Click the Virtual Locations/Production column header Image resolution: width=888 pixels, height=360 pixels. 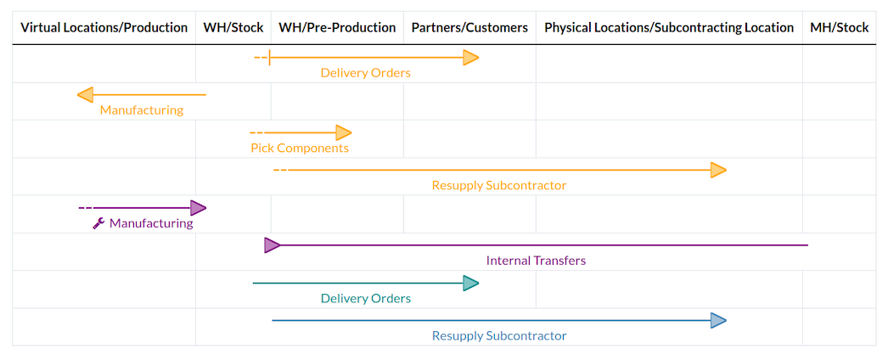[x=104, y=28]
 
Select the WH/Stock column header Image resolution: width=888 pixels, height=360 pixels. [x=233, y=28]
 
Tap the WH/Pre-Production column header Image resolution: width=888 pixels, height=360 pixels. [x=337, y=28]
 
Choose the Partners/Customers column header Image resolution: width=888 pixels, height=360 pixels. [x=469, y=28]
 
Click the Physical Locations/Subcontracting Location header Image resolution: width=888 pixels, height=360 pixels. [x=669, y=28]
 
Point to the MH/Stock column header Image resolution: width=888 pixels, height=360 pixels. [x=839, y=28]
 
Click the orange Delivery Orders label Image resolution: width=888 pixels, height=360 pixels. [x=365, y=73]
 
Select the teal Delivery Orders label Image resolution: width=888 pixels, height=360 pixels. [x=365, y=299]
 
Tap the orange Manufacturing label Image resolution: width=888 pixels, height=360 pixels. [x=141, y=110]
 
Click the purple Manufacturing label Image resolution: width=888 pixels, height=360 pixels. [x=151, y=224]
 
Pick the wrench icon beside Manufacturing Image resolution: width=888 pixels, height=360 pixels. [x=98, y=224]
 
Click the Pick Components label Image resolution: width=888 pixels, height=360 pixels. [x=299, y=149]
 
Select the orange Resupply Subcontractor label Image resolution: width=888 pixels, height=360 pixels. [x=498, y=186]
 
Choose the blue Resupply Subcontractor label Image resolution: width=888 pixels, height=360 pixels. [x=498, y=336]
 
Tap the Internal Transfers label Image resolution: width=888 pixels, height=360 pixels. [x=536, y=261]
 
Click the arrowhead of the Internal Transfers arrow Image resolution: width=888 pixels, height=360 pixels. [x=272, y=245]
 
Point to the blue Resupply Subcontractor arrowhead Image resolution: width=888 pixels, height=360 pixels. [x=718, y=320]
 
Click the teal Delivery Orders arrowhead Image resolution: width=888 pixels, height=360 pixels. [x=470, y=283]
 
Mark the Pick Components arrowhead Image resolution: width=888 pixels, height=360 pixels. [x=343, y=132]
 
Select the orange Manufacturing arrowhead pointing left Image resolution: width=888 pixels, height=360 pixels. [x=85, y=95]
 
